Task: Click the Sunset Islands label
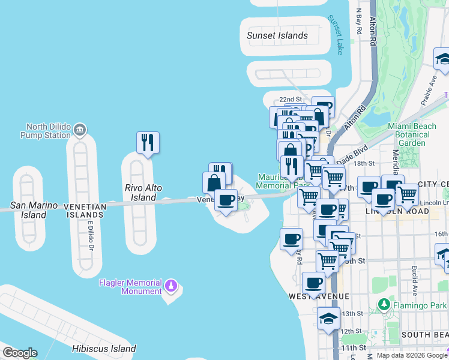(277, 35)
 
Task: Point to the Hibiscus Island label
(104, 349)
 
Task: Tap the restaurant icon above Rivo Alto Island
(148, 143)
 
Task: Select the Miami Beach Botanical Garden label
(417, 134)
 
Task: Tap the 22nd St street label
(289, 99)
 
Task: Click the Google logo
(20, 353)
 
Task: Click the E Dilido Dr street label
(91, 234)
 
